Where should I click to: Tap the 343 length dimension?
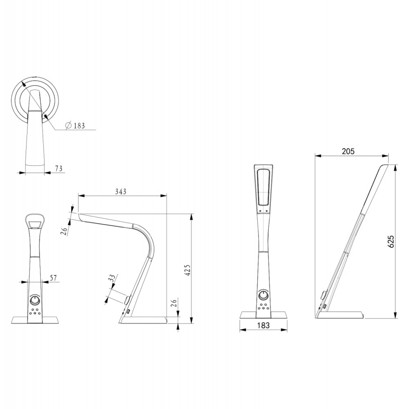pos(121,191)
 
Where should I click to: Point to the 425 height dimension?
pos(189,270)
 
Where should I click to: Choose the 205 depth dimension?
pos(348,151)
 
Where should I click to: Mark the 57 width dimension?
pos(53,278)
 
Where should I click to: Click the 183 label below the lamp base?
pos(264,326)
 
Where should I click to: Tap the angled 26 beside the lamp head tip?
pos(64,231)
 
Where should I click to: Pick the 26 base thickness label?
pos(174,303)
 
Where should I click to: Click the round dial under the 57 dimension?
pos(35,301)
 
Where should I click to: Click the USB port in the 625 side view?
pos(324,306)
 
